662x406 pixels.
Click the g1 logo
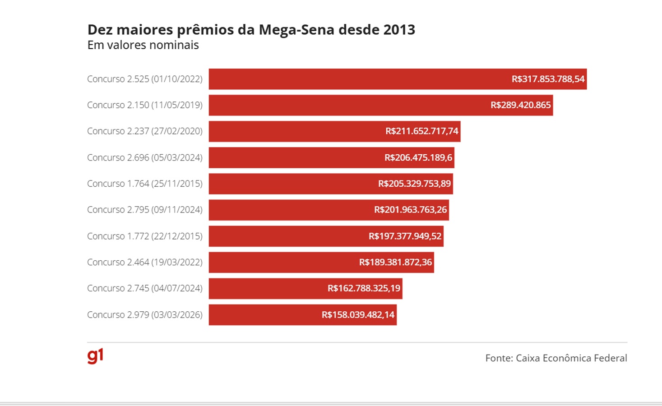point(95,356)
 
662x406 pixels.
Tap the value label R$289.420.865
point(520,105)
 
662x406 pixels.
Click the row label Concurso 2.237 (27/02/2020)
point(144,131)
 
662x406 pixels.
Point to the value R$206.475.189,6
point(418,157)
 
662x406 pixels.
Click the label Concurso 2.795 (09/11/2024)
point(144,210)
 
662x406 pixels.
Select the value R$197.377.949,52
point(405,236)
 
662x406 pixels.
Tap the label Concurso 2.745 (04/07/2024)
point(144,288)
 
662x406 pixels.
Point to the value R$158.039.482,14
point(358,314)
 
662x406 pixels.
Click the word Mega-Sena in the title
point(296,30)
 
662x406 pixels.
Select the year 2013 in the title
point(399,30)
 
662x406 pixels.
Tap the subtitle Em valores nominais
point(143,45)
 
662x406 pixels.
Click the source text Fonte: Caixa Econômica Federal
point(556,358)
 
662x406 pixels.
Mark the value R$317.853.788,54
point(548,79)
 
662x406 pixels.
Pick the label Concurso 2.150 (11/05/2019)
point(144,105)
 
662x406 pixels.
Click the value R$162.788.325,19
point(364,288)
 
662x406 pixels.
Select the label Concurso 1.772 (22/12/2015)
point(144,236)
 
